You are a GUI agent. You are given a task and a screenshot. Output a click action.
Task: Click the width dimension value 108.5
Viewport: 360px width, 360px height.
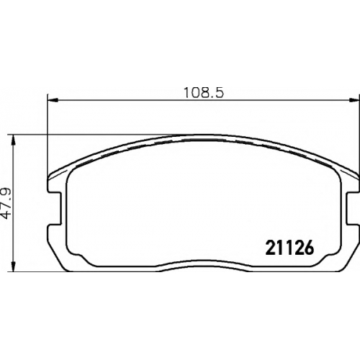tap(204, 93)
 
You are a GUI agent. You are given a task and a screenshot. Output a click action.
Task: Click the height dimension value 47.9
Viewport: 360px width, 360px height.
tap(6, 203)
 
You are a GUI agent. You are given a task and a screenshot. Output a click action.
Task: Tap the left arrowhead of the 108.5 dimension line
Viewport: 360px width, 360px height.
tap(53, 99)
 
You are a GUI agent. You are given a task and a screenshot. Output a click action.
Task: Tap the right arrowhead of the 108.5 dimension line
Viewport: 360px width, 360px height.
tap(354, 99)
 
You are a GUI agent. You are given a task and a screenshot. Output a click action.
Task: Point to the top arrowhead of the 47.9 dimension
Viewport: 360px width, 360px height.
tap(14, 140)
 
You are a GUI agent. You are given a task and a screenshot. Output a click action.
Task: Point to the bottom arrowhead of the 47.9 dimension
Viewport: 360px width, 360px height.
tap(14, 266)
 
